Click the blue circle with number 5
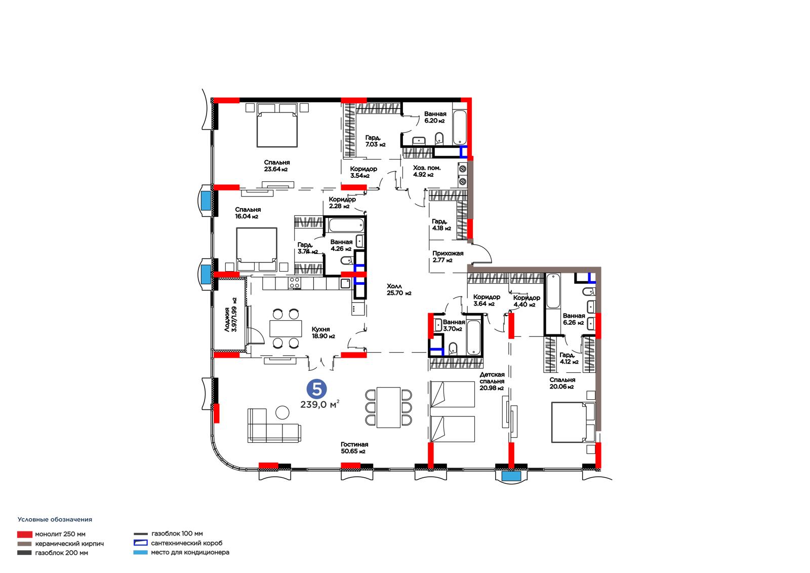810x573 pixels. point(317,389)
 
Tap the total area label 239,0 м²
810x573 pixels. point(319,404)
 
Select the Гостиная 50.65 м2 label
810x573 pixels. point(354,448)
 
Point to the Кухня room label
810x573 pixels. point(321,329)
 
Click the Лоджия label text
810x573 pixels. point(227,320)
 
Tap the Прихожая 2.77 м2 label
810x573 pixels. point(448,257)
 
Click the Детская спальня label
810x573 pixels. point(492,378)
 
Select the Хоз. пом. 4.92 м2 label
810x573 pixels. point(427,171)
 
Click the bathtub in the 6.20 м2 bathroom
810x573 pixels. point(460,128)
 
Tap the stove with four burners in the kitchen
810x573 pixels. point(294,283)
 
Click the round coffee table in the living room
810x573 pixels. point(282,412)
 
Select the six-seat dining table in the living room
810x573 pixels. point(388,407)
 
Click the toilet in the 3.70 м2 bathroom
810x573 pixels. point(453,349)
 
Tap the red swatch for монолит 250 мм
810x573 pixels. point(25,534)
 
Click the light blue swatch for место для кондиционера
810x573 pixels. point(140,553)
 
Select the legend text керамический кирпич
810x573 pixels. point(69,544)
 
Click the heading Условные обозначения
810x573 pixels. point(55,519)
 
